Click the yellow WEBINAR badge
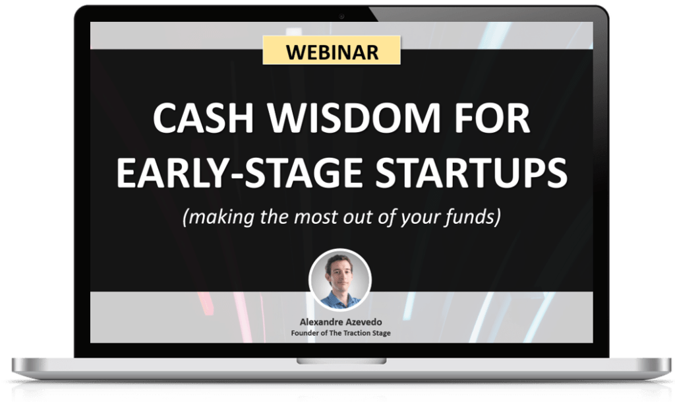coord(332,50)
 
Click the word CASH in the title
coord(203,118)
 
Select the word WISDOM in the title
coord(354,118)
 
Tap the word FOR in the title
coord(492,118)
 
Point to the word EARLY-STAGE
coord(240,172)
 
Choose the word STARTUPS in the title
coord(471,172)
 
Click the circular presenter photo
coord(340,280)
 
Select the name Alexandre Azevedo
coord(341,322)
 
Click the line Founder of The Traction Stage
coord(341,333)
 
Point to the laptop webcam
coord(341,17)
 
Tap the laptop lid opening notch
coord(341,361)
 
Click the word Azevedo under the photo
coord(363,322)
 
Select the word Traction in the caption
coord(353,333)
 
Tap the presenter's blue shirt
coord(339,301)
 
